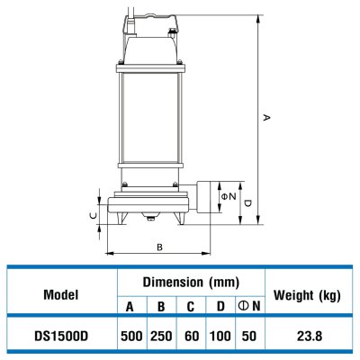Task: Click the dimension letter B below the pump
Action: click(x=159, y=246)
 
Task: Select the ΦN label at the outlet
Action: click(x=230, y=196)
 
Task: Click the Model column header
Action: click(x=60, y=294)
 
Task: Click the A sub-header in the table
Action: click(x=130, y=307)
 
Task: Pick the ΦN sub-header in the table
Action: click(x=249, y=307)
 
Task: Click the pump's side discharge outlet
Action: click(x=208, y=198)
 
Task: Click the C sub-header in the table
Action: click(x=190, y=307)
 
